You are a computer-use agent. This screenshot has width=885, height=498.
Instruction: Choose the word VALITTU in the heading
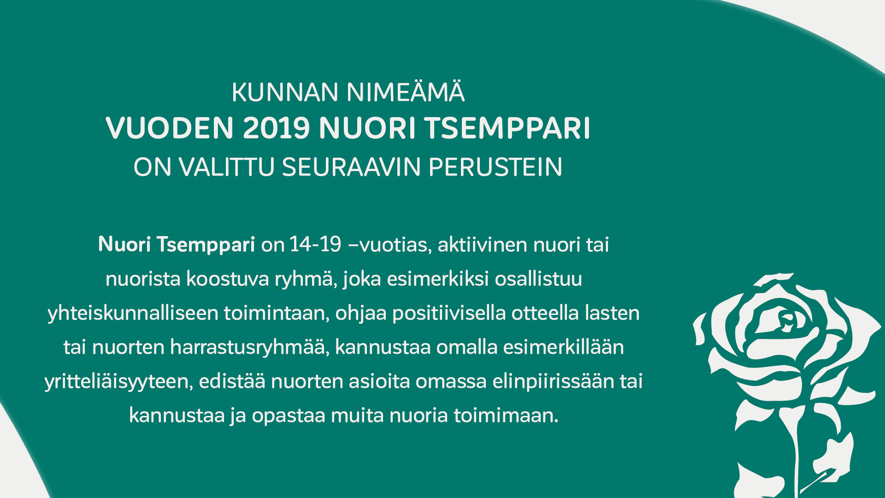227,167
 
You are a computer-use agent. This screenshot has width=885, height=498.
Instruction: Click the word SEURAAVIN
351,167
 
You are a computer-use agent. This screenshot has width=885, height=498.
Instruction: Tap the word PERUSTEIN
495,167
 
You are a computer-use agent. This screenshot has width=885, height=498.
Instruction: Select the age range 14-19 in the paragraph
315,244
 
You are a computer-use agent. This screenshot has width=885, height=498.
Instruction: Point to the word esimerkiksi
437,279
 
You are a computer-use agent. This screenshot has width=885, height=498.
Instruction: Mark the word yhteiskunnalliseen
133,314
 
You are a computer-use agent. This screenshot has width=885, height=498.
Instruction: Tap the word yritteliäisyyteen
118,382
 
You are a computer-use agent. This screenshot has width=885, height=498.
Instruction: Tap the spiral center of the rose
787,319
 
